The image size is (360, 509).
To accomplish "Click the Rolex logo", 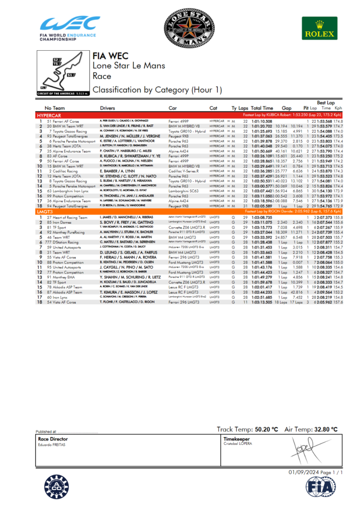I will pyautogui.click(x=316, y=28).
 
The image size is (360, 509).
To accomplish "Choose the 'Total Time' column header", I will pyautogui.click(x=262, y=108).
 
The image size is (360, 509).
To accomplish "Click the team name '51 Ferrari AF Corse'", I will pyautogui.click(x=63, y=121).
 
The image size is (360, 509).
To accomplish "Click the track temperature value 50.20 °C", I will pyautogui.click(x=264, y=428).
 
